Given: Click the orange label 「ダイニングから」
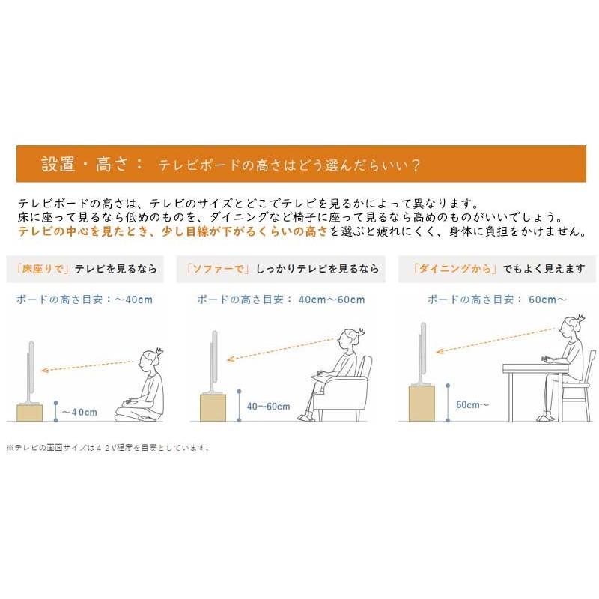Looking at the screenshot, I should pyautogui.click(x=454, y=268).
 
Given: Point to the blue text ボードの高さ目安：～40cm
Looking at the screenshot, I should pyautogui.click(x=84, y=299).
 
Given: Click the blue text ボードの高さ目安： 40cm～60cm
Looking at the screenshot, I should pyautogui.click(x=281, y=299).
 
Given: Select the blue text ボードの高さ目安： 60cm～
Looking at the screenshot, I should pyautogui.click(x=497, y=299).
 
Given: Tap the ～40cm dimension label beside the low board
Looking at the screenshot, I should pyautogui.click(x=79, y=412).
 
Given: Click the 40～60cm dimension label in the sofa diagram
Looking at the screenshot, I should pyautogui.click(x=268, y=407).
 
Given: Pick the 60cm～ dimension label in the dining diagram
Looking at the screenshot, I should pyautogui.click(x=472, y=404).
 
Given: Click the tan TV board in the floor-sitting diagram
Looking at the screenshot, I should pyautogui.click(x=30, y=412).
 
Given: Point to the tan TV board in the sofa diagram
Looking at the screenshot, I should pyautogui.click(x=213, y=407).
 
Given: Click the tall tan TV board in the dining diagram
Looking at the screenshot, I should pyautogui.click(x=422, y=403).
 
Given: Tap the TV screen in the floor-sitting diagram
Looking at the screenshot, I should pyautogui.click(x=31, y=367).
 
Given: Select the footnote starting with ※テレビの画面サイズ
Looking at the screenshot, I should pyautogui.click(x=109, y=448).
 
